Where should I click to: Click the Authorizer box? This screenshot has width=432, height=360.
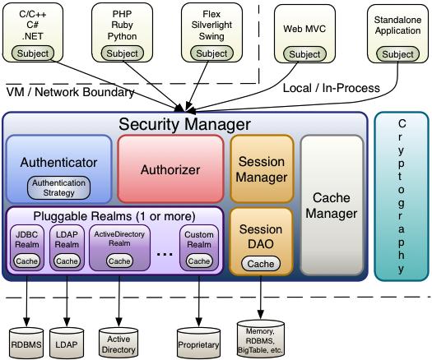[170, 169]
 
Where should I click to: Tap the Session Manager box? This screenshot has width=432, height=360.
[261, 168]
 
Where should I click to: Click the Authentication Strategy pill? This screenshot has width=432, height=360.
[58, 187]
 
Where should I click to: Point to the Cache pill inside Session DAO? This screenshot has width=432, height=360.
[261, 264]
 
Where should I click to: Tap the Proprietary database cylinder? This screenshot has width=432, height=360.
[198, 338]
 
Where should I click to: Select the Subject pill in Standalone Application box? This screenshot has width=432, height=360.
[398, 54]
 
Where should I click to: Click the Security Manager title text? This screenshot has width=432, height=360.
[183, 124]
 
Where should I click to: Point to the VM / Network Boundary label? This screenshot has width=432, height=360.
[70, 92]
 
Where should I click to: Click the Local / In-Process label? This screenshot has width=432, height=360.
[330, 88]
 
